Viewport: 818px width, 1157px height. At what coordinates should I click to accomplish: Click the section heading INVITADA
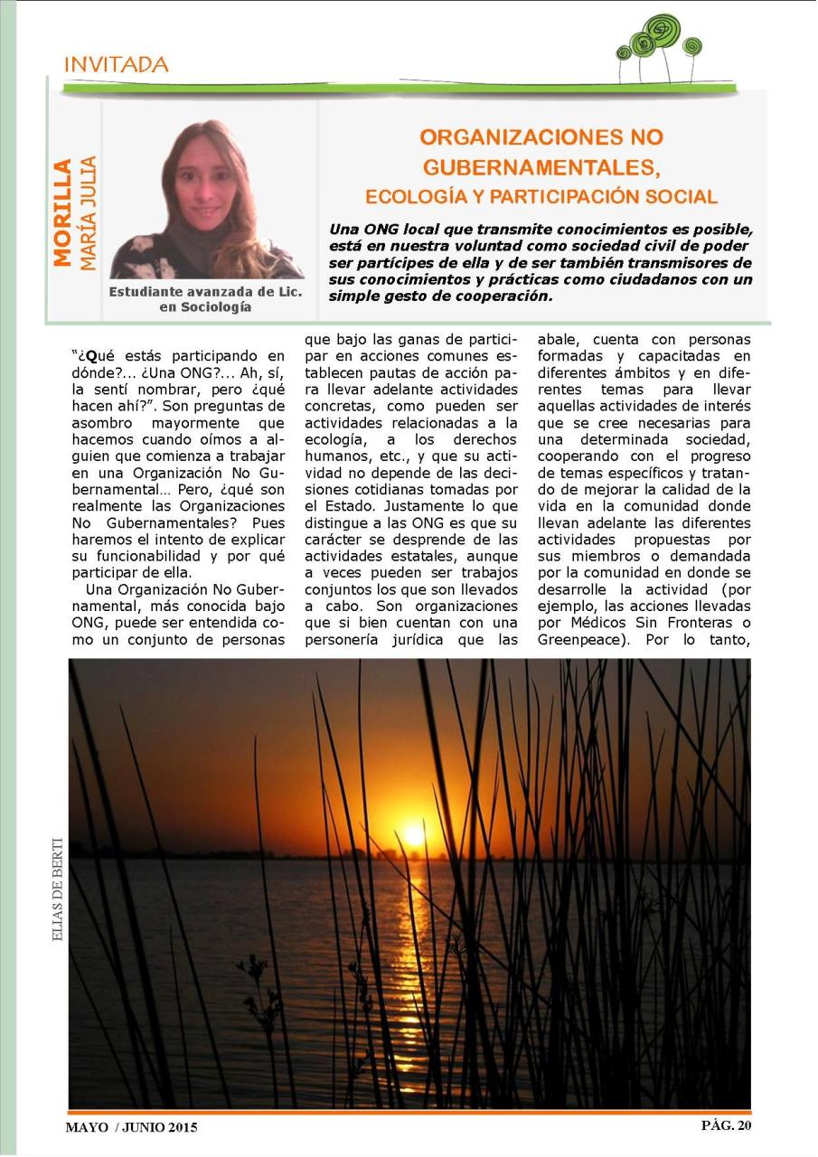click(116, 65)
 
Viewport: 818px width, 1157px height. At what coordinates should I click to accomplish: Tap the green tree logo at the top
click(658, 46)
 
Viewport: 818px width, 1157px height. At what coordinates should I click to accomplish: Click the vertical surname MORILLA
click(61, 213)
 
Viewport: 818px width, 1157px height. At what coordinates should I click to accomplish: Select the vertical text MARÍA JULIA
click(88, 213)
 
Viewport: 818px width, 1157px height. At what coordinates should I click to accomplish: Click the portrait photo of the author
click(208, 200)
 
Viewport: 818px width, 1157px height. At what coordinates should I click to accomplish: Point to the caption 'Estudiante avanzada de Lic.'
click(205, 292)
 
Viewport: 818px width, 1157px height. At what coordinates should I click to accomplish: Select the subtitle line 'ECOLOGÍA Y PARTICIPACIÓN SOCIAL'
click(541, 197)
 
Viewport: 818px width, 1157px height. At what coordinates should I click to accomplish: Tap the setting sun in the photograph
click(414, 833)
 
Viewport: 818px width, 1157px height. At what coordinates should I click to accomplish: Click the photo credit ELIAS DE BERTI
click(58, 877)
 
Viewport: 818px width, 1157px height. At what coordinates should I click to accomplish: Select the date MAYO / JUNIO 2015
click(131, 1127)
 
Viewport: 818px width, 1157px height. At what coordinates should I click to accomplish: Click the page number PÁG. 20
click(726, 1125)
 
